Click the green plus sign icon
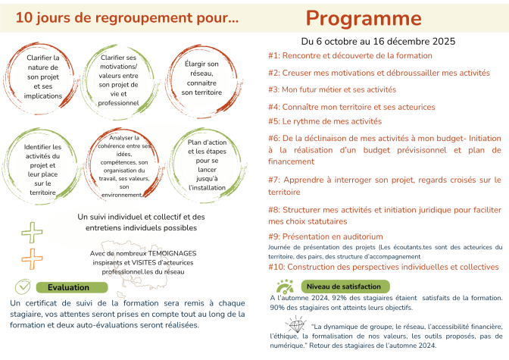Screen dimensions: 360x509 click(32, 210)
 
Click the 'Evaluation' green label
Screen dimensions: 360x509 click(67, 287)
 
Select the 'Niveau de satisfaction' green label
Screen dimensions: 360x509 click(343, 286)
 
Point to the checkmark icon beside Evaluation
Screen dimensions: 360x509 click(23, 286)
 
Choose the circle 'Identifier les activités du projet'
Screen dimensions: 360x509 click(42, 159)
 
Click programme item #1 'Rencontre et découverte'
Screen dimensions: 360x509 click(341, 55)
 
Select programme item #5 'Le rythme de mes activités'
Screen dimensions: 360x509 click(325, 121)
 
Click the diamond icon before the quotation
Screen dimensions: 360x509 click(288, 327)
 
